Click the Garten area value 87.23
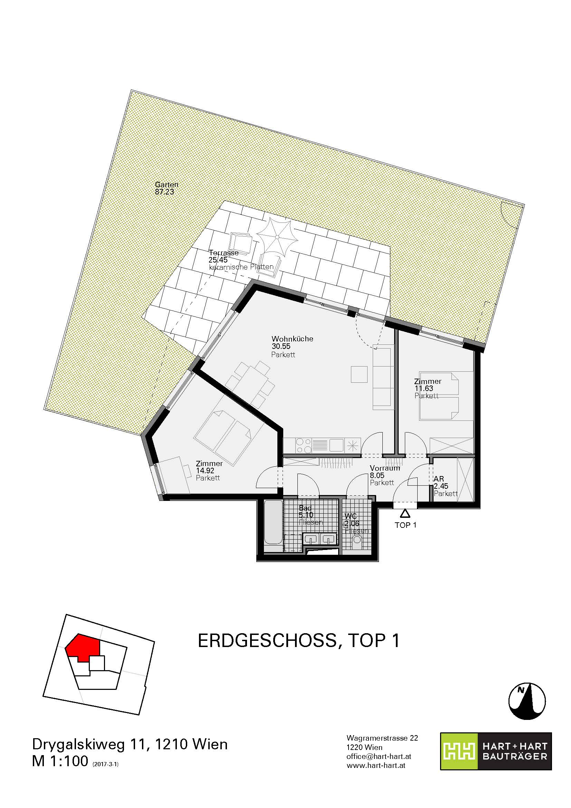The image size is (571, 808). point(165,192)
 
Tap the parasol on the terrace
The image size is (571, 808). point(277,237)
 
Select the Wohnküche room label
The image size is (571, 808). point(292,339)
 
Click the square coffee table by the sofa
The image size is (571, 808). point(359,374)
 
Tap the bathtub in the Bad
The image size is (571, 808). point(273,525)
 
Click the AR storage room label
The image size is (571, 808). point(439,479)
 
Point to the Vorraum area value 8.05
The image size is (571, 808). point(377,475)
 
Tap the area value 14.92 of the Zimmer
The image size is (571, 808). point(205,470)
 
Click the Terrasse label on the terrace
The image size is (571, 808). point(224,253)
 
